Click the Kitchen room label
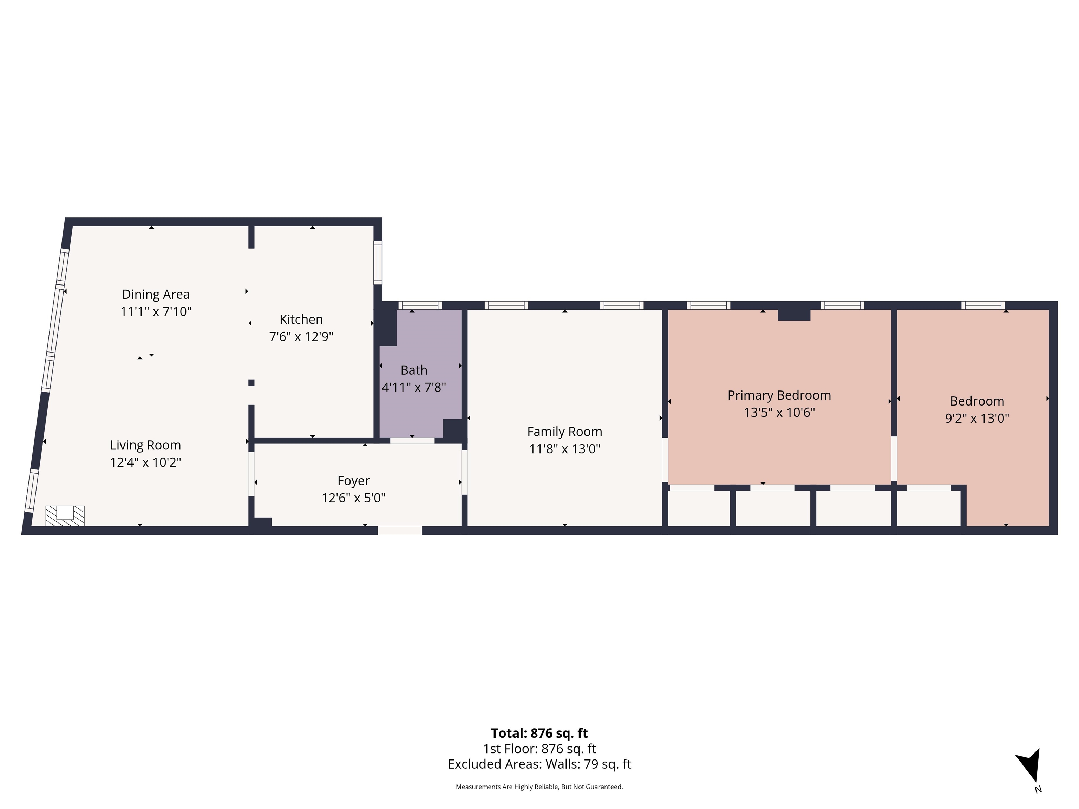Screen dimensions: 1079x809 301,320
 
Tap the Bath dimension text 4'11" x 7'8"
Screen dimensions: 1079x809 414,387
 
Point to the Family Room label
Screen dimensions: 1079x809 564,432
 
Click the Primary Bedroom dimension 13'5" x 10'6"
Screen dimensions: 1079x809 779,413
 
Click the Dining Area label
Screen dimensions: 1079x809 156,295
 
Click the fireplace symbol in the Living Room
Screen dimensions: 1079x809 65,515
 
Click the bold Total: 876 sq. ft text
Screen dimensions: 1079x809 539,734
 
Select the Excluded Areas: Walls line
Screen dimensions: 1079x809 539,764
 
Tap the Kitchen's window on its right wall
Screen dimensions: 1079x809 378,262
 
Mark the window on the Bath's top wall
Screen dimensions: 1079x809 420,305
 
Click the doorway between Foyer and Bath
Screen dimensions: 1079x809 412,441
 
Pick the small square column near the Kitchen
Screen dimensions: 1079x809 251,383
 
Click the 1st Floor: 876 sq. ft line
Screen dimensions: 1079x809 539,749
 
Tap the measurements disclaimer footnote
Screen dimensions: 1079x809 539,787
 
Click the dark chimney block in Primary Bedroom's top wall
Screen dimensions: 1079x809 794,315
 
